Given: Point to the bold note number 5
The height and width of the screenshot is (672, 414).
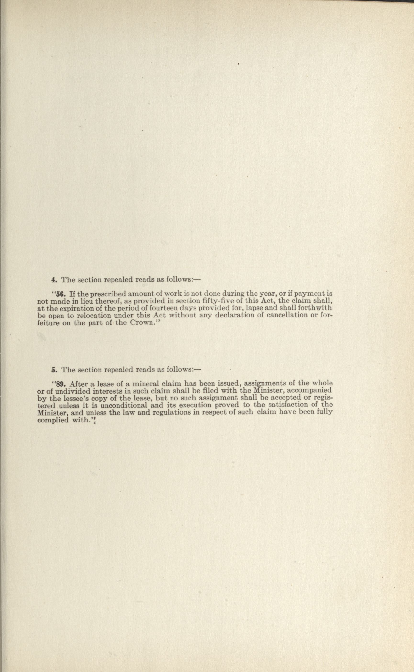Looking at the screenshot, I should pos(53,370).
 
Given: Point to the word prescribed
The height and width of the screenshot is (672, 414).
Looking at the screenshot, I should pos(108,294).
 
